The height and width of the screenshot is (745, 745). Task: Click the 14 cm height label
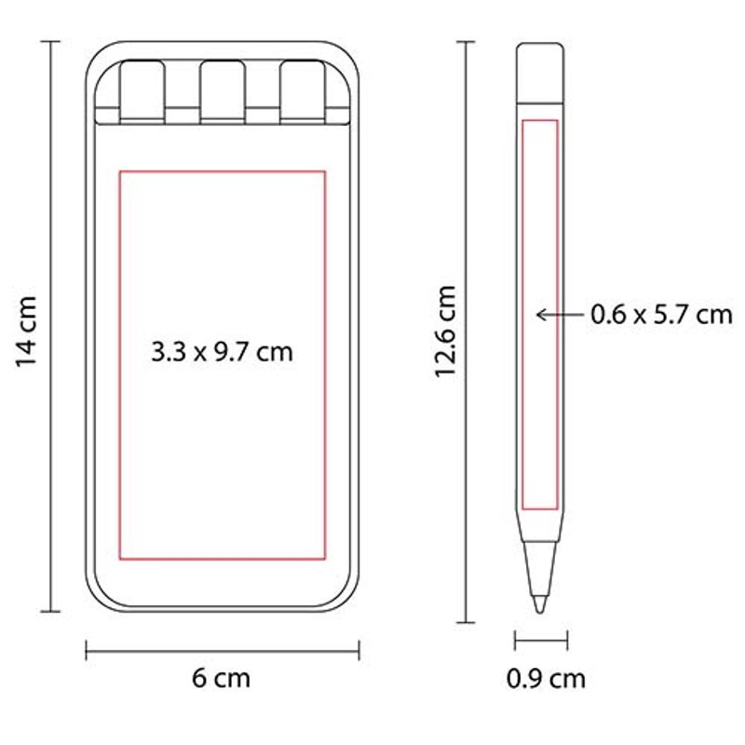coord(27,332)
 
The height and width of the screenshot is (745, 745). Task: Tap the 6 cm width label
coord(221,678)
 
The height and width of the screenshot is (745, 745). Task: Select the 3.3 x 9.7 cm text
coord(222,352)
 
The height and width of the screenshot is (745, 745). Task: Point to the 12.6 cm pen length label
coord(446,332)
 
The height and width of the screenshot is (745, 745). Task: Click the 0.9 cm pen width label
coord(546,679)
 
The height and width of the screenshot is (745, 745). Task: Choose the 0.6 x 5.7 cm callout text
coord(661,315)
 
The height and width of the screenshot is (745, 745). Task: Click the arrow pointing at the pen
coord(560,315)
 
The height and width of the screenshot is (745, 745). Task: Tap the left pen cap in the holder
coord(142,91)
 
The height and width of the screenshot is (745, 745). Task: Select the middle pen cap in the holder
coord(223,91)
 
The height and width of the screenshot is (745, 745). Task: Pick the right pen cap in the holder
coord(303,91)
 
